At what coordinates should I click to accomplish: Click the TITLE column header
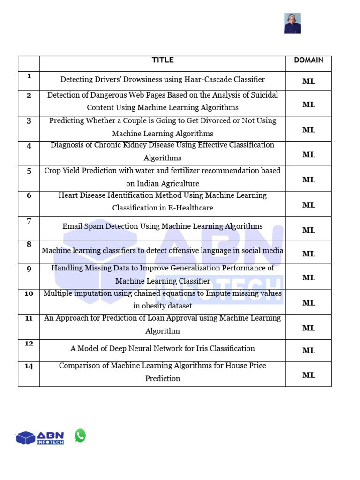pos(163,60)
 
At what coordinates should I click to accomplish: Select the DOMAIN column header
pos(308,60)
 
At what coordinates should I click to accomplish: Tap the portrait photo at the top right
pos(292,23)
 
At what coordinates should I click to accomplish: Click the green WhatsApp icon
pos(81,436)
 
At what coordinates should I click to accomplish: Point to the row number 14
pos(29,366)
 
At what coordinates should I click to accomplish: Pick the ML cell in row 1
pos(308,81)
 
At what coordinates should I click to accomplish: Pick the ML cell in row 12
pos(308,350)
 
